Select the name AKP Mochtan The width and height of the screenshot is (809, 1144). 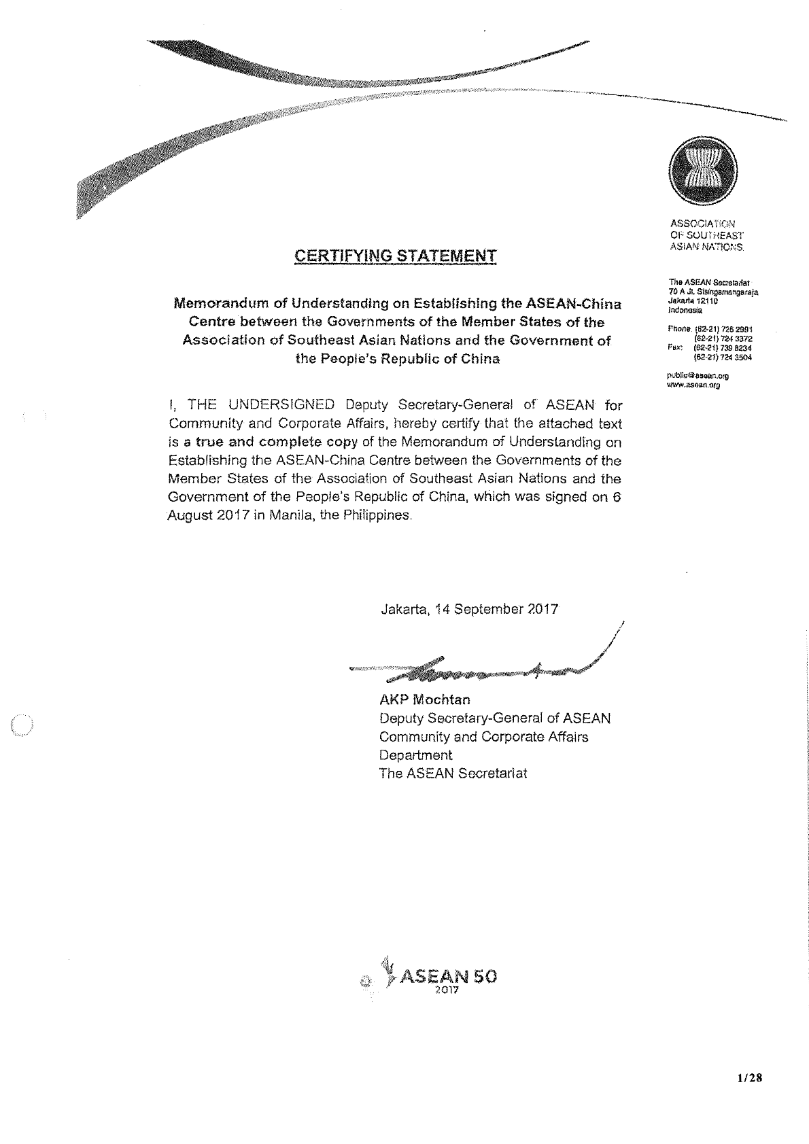click(x=424, y=699)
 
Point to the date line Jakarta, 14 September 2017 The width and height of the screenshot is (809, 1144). click(x=469, y=609)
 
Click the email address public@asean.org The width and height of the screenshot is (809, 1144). click(x=698, y=375)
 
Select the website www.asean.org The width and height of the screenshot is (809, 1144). click(x=694, y=384)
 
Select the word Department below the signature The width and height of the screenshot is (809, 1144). click(x=415, y=755)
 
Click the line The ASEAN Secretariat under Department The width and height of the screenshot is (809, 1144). click(x=453, y=774)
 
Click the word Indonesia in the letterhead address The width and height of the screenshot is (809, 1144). click(x=685, y=309)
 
